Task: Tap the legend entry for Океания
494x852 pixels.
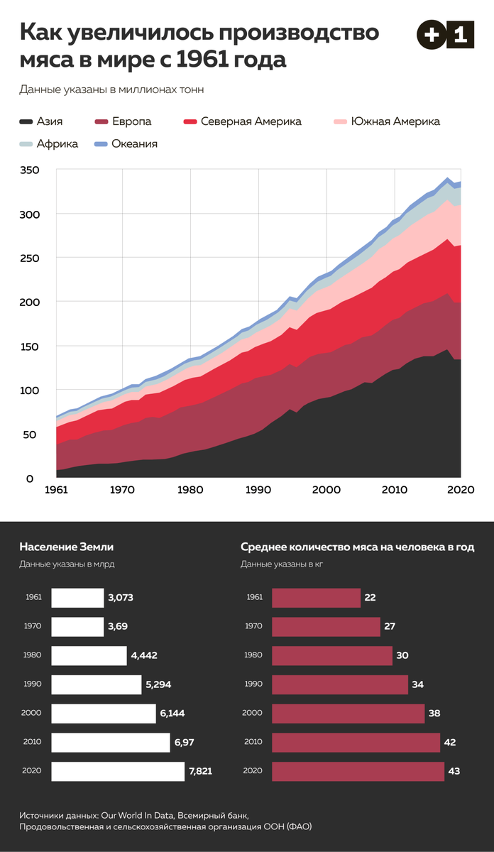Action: tap(134, 143)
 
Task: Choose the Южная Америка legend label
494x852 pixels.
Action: tap(395, 121)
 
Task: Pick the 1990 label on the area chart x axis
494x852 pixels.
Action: tap(259, 489)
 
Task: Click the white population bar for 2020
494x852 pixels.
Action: tap(118, 771)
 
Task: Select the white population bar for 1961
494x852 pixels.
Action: tap(77, 598)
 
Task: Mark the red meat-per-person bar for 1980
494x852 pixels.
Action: tap(331, 655)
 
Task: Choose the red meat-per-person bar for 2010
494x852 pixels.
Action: tap(356, 742)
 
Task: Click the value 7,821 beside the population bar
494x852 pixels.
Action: tap(200, 771)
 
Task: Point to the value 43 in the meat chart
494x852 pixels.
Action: tap(454, 771)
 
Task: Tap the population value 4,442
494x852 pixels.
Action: tap(144, 655)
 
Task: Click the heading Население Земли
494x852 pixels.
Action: tap(67, 547)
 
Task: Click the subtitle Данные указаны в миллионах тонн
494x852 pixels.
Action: tap(112, 89)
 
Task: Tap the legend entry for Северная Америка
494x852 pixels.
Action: tap(251, 121)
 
